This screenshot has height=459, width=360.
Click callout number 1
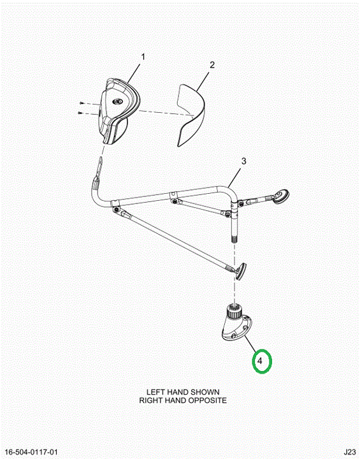(x=143, y=57)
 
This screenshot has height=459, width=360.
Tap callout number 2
(x=212, y=64)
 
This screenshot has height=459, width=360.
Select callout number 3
(x=243, y=161)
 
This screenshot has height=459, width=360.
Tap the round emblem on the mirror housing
(x=118, y=101)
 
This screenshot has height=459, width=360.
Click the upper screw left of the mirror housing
(x=82, y=103)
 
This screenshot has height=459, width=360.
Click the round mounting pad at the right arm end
(x=281, y=196)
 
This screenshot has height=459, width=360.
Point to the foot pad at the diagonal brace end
(x=241, y=272)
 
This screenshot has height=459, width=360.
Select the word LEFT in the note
(x=156, y=392)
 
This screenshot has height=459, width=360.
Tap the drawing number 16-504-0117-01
(x=31, y=452)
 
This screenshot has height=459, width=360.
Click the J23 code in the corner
(x=350, y=452)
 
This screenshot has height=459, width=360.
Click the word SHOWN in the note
(x=205, y=392)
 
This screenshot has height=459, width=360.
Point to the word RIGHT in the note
(x=150, y=400)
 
